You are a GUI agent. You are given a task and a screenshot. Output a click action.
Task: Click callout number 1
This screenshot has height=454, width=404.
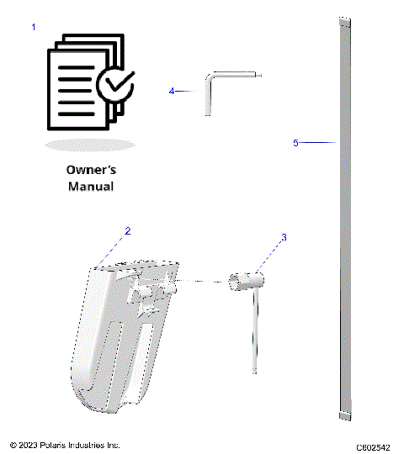tap(34, 28)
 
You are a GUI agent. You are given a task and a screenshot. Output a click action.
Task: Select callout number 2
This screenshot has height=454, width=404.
tap(127, 230)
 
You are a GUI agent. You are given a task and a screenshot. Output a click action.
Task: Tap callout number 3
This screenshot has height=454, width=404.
tap(284, 238)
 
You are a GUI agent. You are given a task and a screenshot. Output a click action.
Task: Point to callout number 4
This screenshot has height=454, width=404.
tap(172, 90)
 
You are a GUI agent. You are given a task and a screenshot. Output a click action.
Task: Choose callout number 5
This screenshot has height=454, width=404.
tap(295, 143)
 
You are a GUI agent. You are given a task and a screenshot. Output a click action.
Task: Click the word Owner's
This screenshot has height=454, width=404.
tap(90, 169)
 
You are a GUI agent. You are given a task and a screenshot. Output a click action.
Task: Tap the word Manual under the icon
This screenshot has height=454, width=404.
tap(90, 186)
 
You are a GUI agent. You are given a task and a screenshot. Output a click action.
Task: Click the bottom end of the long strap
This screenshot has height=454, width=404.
tap(343, 415)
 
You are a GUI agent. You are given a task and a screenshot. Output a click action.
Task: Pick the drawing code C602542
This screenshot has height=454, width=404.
tap(372, 445)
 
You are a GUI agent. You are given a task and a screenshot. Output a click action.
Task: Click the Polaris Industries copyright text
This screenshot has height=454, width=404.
tap(65, 444)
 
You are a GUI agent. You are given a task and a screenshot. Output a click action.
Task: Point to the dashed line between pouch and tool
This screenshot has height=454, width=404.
tap(202, 281)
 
